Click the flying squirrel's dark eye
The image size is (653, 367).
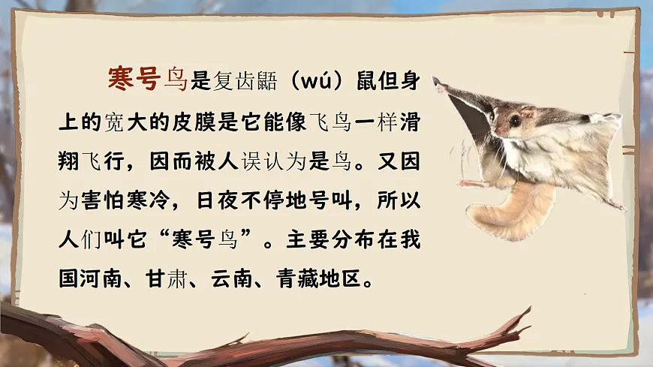point(515,120)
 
